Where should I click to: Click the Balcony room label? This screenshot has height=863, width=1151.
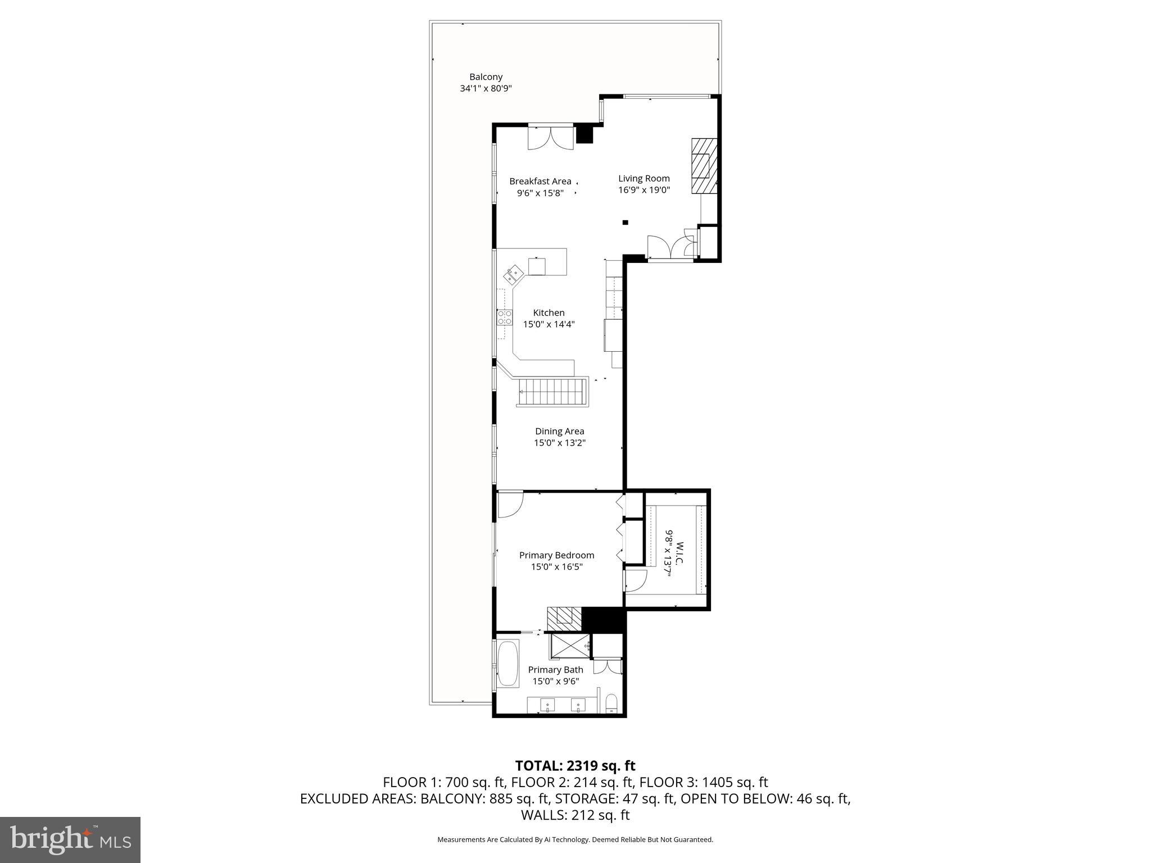point(486,77)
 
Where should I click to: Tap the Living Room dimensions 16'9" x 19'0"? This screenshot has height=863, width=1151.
point(644,190)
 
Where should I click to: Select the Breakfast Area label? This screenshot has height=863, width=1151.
point(540,181)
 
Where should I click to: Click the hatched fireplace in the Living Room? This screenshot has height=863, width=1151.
point(704,166)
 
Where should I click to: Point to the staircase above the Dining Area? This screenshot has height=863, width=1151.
point(552,392)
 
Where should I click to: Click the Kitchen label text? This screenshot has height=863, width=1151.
point(549,313)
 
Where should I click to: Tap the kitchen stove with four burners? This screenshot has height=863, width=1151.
point(505,317)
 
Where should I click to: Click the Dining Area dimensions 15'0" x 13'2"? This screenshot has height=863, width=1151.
point(559,443)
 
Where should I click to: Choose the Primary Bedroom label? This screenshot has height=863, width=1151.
point(556,555)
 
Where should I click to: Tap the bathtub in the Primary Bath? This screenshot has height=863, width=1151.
point(508,664)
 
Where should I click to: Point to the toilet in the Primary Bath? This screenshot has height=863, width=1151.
point(611,703)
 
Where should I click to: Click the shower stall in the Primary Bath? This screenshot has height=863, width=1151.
point(570,646)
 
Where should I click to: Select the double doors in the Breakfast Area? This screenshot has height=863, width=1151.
point(550,138)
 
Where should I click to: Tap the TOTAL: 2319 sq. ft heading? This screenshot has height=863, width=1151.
point(575,766)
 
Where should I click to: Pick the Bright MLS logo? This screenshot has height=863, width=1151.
point(70,839)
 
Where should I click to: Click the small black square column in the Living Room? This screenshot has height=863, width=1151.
point(625,222)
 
